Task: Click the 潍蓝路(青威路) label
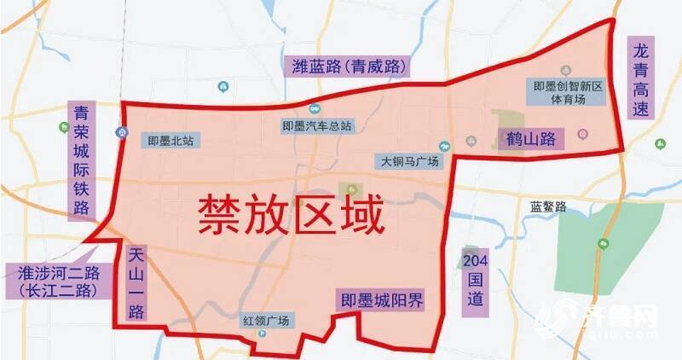click(350, 66)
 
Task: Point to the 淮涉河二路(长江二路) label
click(58, 282)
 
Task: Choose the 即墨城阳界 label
click(382, 299)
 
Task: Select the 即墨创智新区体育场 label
click(569, 92)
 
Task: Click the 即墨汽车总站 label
click(316, 126)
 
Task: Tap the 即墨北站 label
click(170, 142)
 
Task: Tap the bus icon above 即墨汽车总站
click(315, 108)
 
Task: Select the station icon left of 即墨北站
click(123, 132)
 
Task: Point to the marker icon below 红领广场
click(263, 334)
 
